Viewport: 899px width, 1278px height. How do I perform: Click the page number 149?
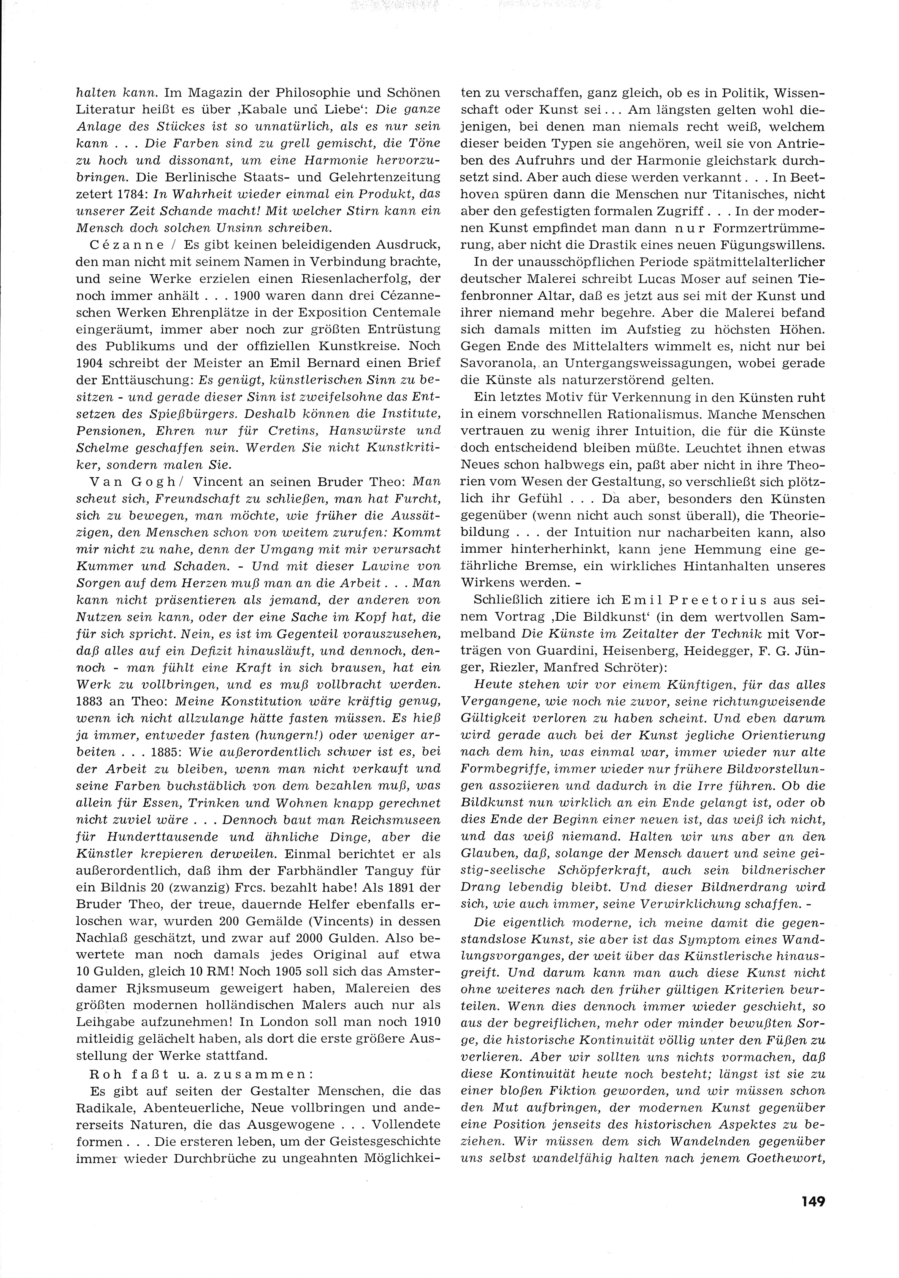(813, 1199)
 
